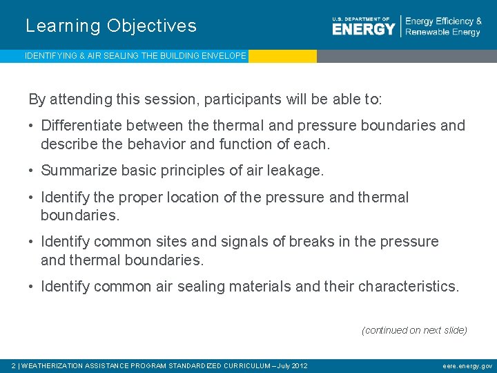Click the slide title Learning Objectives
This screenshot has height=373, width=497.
coord(111,26)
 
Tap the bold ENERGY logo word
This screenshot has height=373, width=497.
coord(363,28)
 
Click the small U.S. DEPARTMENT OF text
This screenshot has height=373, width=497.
coord(361,18)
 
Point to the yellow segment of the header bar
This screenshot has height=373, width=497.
coord(282,56)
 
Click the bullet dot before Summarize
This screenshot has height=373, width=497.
coord(32,171)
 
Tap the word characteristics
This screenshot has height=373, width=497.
coord(408,286)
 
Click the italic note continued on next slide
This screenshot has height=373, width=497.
coord(414,330)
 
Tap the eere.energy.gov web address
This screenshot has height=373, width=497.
coord(467,365)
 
